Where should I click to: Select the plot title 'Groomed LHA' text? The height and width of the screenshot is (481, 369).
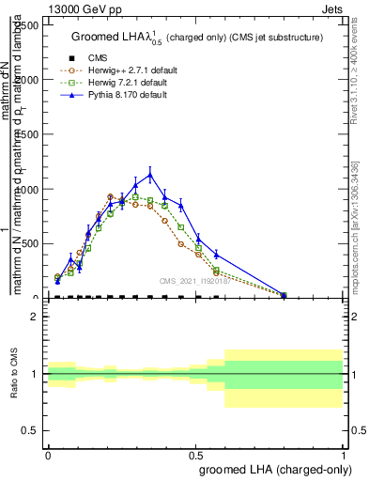point(109,38)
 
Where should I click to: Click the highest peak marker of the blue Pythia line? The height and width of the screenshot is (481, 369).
point(150,174)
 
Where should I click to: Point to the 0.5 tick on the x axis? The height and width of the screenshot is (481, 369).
point(195,456)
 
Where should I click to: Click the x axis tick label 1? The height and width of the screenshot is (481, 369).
point(344,456)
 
